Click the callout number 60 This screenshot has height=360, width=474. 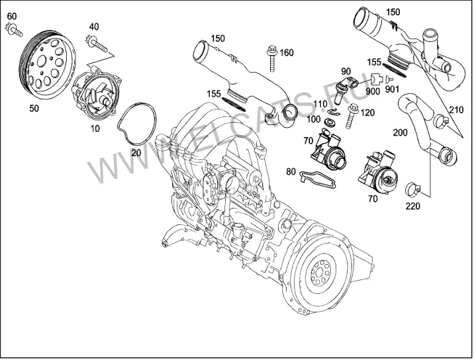pos(12,16)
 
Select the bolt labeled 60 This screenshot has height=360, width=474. pos(14,31)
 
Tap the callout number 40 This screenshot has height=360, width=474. pos(94,26)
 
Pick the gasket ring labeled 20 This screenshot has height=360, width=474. pos(138,123)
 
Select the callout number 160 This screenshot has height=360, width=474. pos(286,52)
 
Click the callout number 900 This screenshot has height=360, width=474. pos(373,91)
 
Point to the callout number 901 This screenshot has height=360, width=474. pos(392,89)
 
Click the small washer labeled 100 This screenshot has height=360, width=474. pos(328,122)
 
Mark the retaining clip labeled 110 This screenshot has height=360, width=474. pos(334,112)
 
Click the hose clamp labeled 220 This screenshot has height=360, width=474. pos(413,189)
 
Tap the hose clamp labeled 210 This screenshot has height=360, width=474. pos(442,121)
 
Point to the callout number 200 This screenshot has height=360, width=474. pos(401,132)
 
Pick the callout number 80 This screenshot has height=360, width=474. pos(291,171)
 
